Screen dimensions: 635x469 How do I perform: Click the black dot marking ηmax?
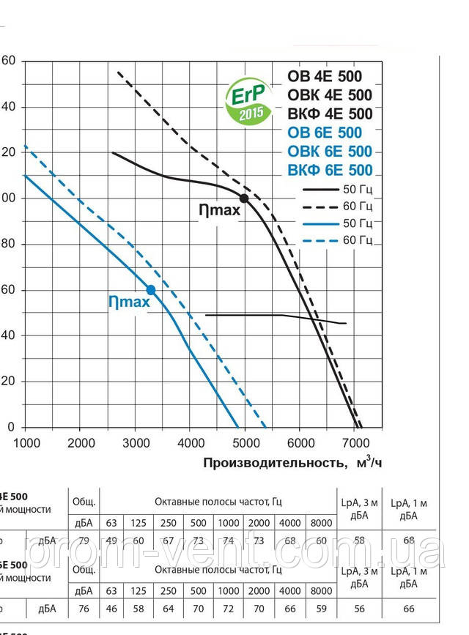click(x=244, y=198)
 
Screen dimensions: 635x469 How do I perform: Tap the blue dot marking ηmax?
click(x=151, y=289)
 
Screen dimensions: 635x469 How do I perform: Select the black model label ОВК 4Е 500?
click(x=330, y=95)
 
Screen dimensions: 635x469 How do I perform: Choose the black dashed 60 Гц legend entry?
click(x=339, y=206)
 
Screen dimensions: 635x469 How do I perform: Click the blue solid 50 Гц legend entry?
click(x=339, y=223)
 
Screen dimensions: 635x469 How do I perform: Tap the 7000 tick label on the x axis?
click(x=355, y=442)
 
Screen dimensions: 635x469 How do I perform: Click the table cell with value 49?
click(x=111, y=541)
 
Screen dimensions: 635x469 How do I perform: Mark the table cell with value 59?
click(x=321, y=608)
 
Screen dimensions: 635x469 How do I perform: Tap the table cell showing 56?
click(x=358, y=608)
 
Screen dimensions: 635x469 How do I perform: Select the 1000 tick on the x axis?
click(x=26, y=442)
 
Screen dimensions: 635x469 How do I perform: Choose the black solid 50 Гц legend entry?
click(x=339, y=189)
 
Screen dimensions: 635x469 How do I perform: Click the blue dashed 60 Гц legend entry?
click(x=339, y=239)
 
